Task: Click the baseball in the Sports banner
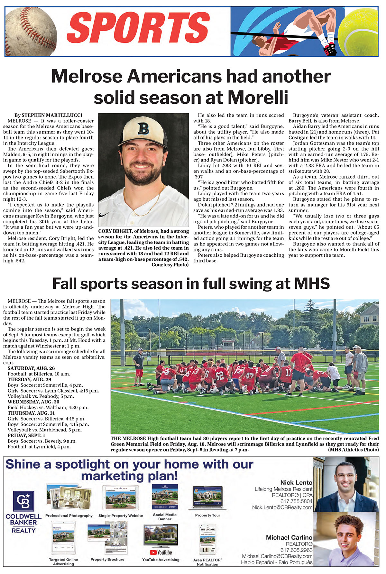[31, 31]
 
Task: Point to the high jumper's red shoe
[331, 50]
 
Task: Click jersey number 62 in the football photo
[220, 375]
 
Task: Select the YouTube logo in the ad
[161, 552]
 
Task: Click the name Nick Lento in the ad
[296, 482]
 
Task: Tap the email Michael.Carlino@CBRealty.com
[277, 556]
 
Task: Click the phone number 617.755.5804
[296, 501]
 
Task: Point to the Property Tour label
[207, 515]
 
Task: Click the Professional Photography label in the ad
[69, 516]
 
